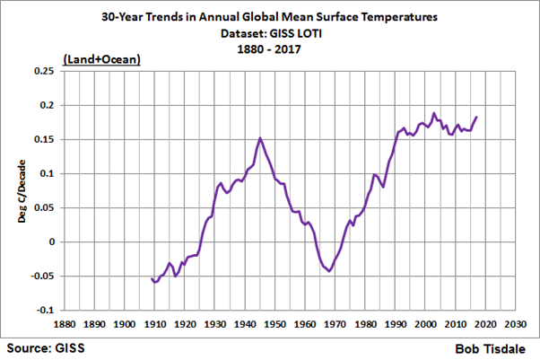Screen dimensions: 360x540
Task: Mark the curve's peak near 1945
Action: coord(260,138)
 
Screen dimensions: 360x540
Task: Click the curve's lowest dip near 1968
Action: coord(329,271)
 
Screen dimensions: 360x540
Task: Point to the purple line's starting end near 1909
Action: coord(151,279)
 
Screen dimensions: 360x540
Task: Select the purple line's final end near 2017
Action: coord(476,117)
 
